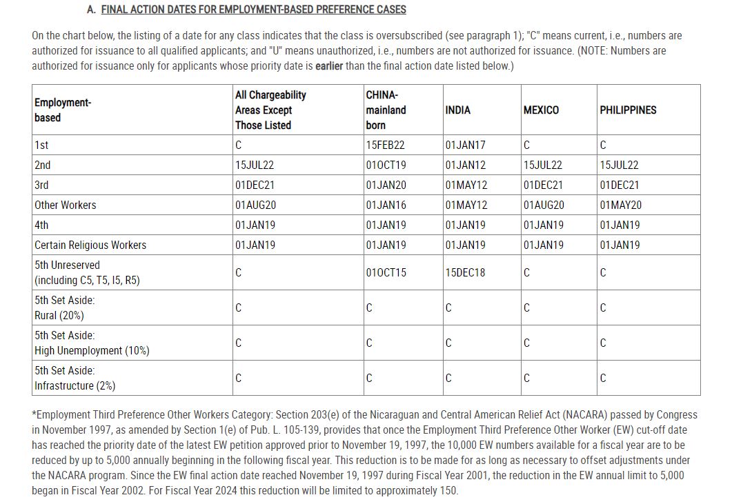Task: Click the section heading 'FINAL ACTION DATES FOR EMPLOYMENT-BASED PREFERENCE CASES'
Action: point(253,10)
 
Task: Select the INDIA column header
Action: point(458,110)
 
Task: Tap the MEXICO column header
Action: point(541,110)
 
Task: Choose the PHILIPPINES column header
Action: point(628,110)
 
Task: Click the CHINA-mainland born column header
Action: point(386,110)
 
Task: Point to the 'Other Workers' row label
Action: point(66,205)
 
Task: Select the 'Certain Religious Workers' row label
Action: point(90,245)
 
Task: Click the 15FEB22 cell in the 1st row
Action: point(385,145)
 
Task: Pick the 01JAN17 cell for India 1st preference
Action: point(465,145)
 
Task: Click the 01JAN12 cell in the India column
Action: point(465,165)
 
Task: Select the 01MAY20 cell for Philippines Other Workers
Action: point(620,205)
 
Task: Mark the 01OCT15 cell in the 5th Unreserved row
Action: point(386,272)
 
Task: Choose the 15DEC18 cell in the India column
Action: point(465,272)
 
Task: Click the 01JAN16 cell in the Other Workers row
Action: point(386,205)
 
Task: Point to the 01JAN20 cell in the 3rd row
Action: point(386,185)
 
